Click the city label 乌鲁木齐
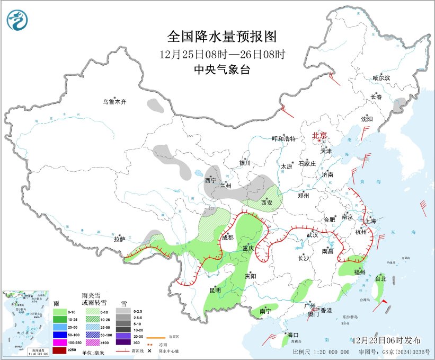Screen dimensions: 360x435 [115, 101]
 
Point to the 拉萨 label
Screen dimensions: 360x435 [119, 239]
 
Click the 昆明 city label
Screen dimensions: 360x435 [215, 289]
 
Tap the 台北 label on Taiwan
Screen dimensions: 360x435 [381, 278]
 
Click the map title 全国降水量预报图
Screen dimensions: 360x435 [222, 37]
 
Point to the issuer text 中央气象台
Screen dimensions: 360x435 [222, 69]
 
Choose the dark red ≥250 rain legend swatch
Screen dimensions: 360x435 [60, 350]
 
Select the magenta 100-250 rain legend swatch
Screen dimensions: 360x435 [60, 343]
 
